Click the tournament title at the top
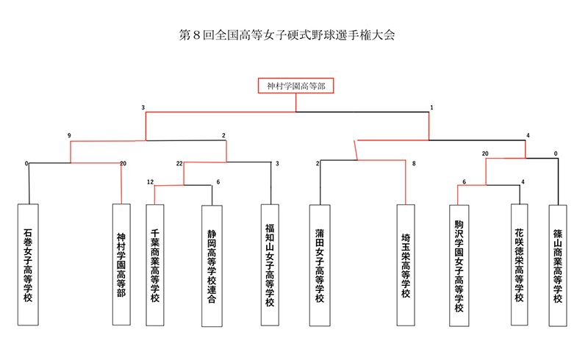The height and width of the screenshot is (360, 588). pos(287,35)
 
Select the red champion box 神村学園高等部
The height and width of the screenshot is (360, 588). pos(296,85)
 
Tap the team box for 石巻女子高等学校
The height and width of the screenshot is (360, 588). pos(28,264)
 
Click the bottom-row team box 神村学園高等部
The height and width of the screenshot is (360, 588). pos(121,264)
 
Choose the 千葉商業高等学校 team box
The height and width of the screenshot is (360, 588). pos(155,265)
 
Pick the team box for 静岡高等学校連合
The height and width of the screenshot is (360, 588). pos(212,266)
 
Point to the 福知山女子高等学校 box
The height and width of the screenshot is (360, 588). pos(270,265)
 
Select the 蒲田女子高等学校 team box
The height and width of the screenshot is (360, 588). pos(320,265)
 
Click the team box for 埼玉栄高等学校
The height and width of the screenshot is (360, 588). pos(406,265)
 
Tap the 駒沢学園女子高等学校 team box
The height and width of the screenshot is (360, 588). pos(459,265)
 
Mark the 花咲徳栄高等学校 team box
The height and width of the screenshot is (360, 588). pos(520,264)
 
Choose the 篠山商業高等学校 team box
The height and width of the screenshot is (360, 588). pos(558,265)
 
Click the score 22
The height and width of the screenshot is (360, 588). pos(179,164)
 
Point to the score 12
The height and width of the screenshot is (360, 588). pos(151,182)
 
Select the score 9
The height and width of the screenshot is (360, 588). pos(69,135)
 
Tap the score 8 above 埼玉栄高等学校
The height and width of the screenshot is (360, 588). pos(414,164)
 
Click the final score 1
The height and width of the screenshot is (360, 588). pos(431,107)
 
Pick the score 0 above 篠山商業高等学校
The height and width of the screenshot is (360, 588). pos(556,154)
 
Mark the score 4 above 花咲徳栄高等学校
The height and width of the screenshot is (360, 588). pos(523,182)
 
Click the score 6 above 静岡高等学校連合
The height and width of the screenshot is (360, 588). pos(218,182)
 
